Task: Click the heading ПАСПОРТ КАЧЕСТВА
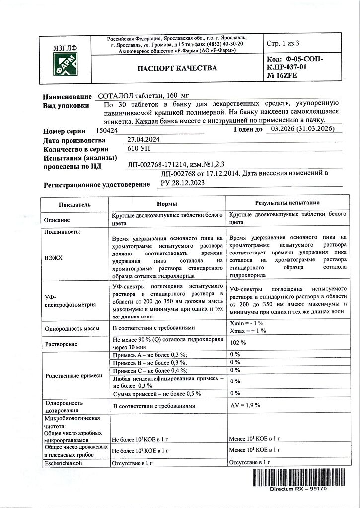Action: pos(177,68)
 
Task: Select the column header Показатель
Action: pos(74,204)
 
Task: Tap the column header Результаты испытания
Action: pos(287,203)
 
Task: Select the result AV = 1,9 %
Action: pos(245,405)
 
